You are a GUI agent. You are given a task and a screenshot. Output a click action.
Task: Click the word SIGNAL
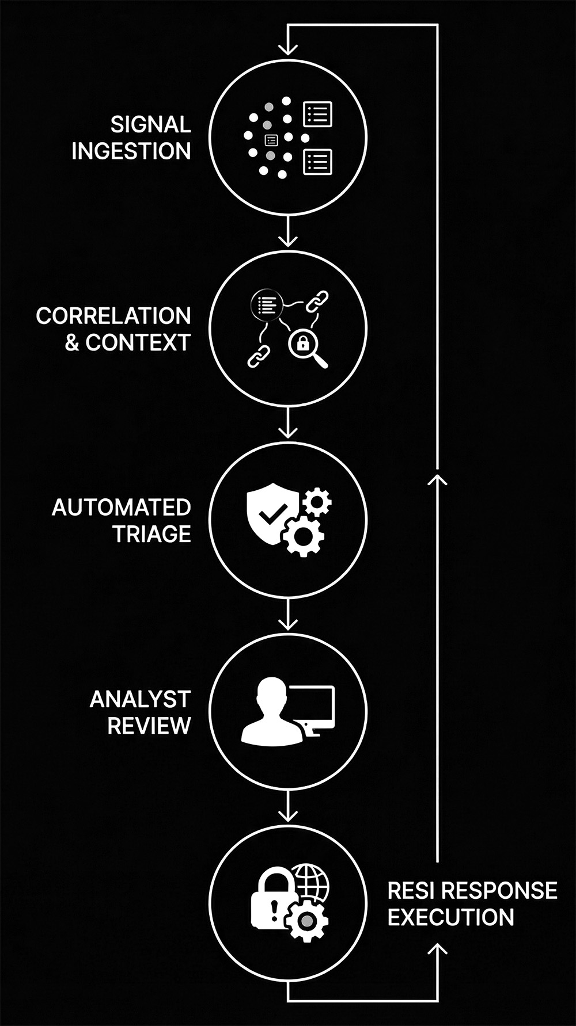[150, 124]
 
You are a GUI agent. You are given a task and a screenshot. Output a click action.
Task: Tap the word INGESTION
[131, 151]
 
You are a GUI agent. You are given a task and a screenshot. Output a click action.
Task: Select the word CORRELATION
[113, 315]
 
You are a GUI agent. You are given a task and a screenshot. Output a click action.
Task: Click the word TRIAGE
[151, 534]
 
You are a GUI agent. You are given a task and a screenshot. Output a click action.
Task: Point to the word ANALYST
[140, 699]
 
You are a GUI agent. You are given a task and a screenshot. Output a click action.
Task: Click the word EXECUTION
[450, 917]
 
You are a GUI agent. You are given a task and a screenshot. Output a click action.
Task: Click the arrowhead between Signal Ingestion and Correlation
[287, 240]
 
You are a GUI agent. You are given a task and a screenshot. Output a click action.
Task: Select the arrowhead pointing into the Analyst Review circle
[287, 624]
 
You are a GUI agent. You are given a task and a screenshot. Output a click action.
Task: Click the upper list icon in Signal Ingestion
[317, 115]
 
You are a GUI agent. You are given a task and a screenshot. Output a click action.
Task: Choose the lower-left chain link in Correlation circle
[259, 356]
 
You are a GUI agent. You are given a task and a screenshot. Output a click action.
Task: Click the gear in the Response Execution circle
[307, 921]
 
